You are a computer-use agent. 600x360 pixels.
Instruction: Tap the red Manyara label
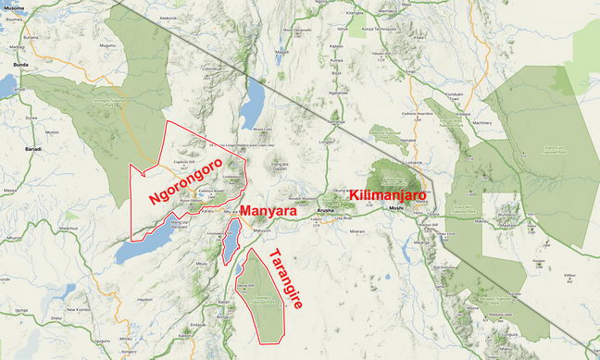click(269, 211)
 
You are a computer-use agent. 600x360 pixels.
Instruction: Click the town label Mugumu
click(107, 44)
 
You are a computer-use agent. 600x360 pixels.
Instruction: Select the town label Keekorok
click(168, 18)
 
